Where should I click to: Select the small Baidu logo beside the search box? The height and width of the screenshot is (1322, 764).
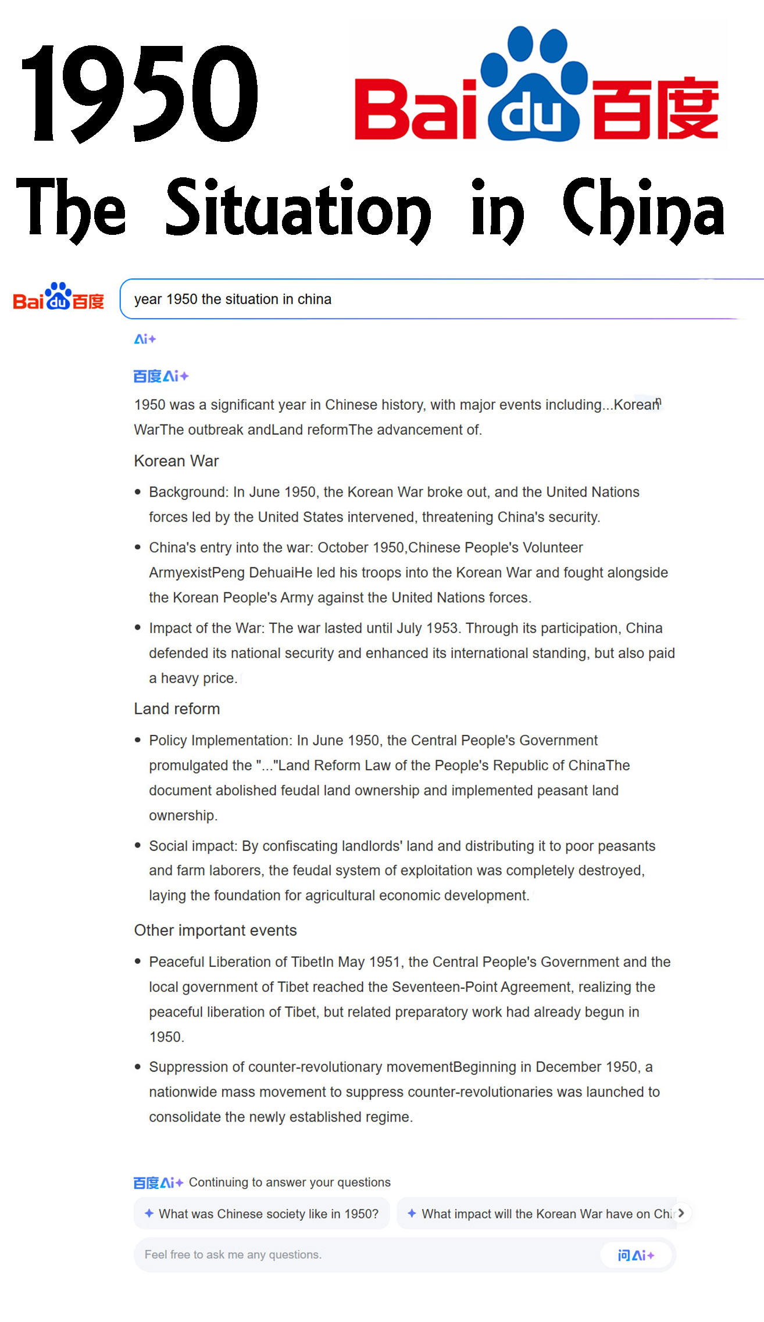point(58,297)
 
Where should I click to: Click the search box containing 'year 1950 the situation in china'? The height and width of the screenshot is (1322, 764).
point(430,299)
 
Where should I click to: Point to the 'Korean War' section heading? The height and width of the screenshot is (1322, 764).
point(176,461)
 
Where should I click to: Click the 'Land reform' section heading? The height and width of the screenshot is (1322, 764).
point(177,709)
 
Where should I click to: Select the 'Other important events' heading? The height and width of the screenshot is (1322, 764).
point(215,930)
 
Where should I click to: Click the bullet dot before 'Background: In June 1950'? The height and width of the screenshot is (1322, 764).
point(138,492)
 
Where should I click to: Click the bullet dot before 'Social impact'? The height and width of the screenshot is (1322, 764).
point(138,845)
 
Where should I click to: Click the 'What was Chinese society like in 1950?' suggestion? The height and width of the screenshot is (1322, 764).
point(262,1213)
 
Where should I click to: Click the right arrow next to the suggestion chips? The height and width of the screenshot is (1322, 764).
point(681,1213)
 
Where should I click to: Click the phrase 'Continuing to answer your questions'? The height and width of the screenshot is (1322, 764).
point(290,1182)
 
